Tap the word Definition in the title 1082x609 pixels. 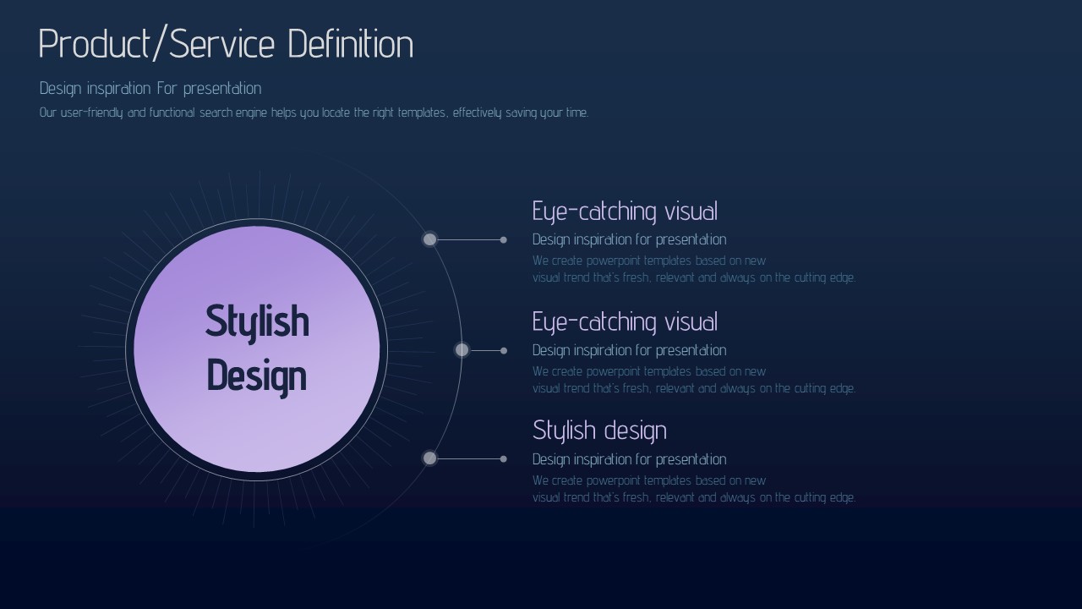(351, 44)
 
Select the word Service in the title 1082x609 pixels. (222, 44)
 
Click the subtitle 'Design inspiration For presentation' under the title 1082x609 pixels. (150, 89)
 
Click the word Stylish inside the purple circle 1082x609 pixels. (257, 322)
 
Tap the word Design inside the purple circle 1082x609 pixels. (257, 377)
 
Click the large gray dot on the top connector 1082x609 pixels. (429, 239)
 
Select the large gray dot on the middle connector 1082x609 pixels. (462, 350)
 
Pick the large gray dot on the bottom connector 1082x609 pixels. (429, 458)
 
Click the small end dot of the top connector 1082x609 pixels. (503, 239)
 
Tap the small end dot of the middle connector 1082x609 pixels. (504, 351)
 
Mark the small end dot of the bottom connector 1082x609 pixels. (503, 459)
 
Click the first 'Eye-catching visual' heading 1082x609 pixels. (625, 212)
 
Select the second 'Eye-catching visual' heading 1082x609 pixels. (625, 323)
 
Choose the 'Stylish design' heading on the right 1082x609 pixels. (599, 431)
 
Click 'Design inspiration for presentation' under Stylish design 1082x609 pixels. (630, 459)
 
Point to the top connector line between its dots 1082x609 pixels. (468, 239)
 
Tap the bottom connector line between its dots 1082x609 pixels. (468, 458)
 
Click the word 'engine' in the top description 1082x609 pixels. (251, 113)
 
